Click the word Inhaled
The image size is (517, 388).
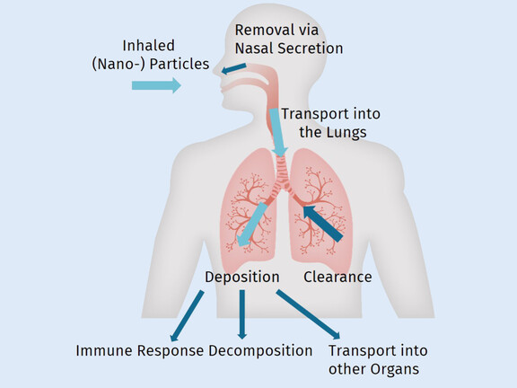[x=148, y=46]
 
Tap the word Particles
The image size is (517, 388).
[x=180, y=64]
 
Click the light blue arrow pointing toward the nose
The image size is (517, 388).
[x=156, y=85]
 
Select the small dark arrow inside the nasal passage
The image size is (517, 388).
[x=233, y=68]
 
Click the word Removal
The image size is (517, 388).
[x=259, y=30]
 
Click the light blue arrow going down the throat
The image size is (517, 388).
[x=277, y=133]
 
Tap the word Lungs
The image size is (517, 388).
[x=346, y=132]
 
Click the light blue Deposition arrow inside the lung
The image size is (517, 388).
[x=252, y=225]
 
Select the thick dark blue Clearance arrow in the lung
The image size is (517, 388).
[x=323, y=224]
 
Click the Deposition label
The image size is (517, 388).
[x=242, y=277]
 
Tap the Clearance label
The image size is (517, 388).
[x=337, y=277]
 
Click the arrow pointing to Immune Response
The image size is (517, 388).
[x=187, y=316]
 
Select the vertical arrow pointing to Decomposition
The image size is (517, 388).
[x=242, y=314]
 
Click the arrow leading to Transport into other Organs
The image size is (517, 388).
[x=308, y=314]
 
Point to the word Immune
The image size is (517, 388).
[x=104, y=350]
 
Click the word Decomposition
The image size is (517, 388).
[x=260, y=350]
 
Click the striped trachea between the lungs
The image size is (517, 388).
[x=282, y=172]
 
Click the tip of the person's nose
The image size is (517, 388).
[x=214, y=71]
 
